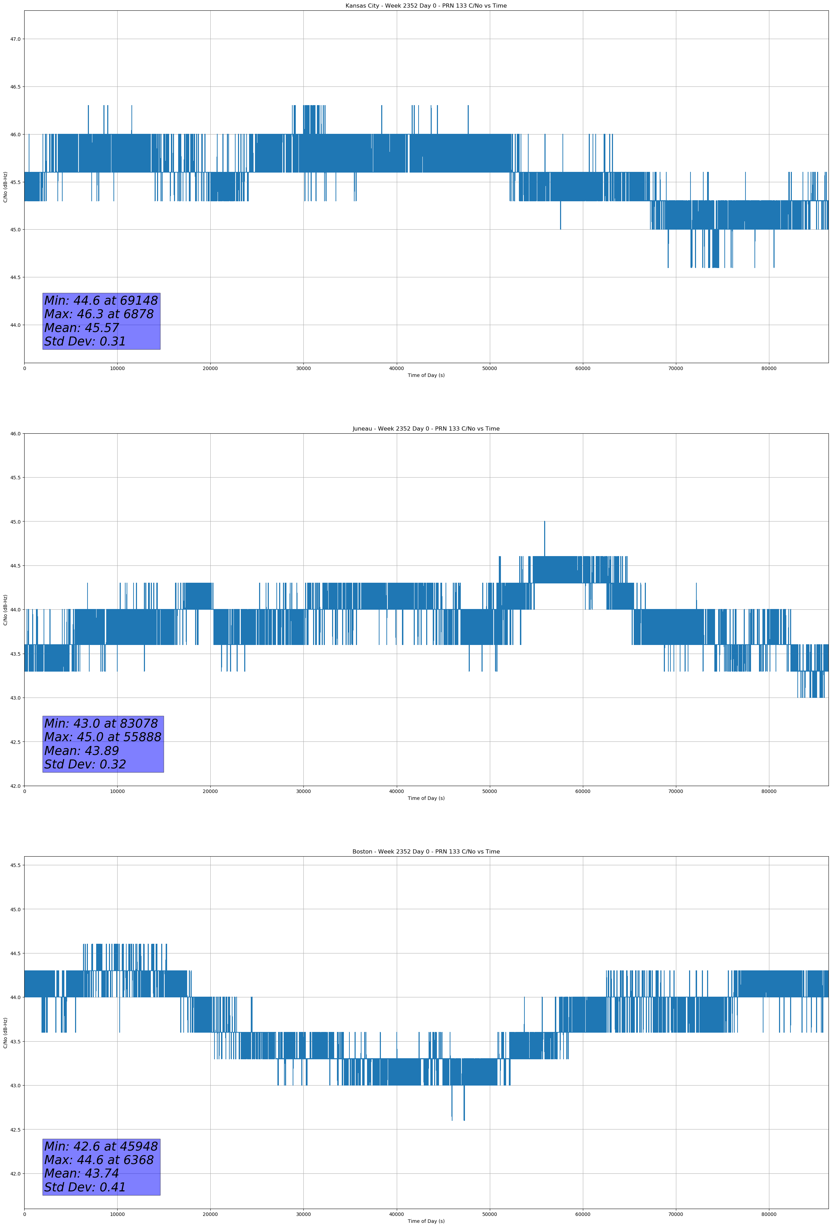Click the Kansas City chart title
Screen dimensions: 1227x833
pyautogui.click(x=426, y=6)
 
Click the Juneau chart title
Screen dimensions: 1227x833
pyautogui.click(x=426, y=429)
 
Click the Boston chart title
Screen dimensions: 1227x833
pyautogui.click(x=426, y=852)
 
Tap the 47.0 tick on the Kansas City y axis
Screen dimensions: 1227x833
pyautogui.click(x=15, y=39)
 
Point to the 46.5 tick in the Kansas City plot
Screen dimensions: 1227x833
pyautogui.click(x=15, y=86)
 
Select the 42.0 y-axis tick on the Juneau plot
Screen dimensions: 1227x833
pyautogui.click(x=15, y=786)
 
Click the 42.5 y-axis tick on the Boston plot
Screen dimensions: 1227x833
pyautogui.click(x=15, y=1129)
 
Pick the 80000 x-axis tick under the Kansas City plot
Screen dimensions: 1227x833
pyautogui.click(x=769, y=369)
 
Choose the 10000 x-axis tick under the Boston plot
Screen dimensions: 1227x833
pyautogui.click(x=117, y=1214)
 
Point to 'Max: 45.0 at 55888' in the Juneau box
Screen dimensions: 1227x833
pyautogui.click(x=102, y=737)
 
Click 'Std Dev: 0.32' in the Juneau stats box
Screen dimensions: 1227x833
pyautogui.click(x=85, y=765)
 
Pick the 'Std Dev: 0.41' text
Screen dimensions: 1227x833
pyautogui.click(x=85, y=1187)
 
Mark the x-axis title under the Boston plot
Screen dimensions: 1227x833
pyautogui.click(x=426, y=1221)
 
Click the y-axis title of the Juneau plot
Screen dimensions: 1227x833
pyautogui.click(x=5, y=610)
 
